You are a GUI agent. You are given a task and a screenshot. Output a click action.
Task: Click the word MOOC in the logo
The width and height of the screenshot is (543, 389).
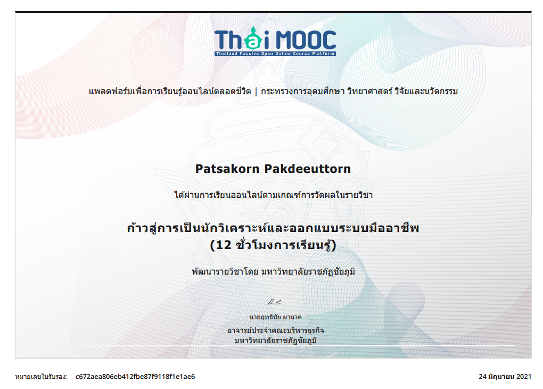(x=306, y=40)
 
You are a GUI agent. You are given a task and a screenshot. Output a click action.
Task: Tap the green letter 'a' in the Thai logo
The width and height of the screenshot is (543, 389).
(x=253, y=41)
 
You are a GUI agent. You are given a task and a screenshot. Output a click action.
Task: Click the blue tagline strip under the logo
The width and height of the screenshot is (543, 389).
(x=275, y=54)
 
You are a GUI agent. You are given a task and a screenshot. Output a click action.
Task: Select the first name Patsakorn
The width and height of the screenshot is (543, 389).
(x=227, y=169)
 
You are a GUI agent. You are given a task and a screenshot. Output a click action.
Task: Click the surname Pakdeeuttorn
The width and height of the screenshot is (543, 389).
(x=308, y=169)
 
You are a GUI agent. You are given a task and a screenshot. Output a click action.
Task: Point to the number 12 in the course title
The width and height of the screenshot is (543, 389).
(x=224, y=245)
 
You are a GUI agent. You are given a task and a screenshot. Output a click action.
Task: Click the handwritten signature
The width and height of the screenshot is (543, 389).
(x=275, y=302)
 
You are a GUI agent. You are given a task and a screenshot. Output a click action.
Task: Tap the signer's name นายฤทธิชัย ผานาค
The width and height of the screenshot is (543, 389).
(x=275, y=317)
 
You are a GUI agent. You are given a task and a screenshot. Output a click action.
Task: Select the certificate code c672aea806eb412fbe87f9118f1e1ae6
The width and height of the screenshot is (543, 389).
(x=135, y=377)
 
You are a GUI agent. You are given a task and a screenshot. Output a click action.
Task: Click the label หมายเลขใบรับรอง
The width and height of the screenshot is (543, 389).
(x=41, y=377)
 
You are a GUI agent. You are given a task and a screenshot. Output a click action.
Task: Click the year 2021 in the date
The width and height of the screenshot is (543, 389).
(x=524, y=377)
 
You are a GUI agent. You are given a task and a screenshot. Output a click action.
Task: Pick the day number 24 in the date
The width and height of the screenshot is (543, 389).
(x=483, y=377)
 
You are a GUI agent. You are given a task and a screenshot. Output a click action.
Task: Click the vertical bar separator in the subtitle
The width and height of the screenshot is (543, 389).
(x=256, y=92)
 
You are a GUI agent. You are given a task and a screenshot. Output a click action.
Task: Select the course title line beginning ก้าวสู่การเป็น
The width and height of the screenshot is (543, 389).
(x=273, y=228)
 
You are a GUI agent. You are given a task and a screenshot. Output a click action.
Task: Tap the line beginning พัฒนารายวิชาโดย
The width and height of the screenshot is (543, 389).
(x=273, y=271)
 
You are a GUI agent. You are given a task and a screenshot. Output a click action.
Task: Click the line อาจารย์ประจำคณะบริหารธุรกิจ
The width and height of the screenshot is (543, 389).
(x=275, y=330)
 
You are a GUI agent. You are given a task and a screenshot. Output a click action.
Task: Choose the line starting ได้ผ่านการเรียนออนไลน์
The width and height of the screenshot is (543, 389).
(x=273, y=195)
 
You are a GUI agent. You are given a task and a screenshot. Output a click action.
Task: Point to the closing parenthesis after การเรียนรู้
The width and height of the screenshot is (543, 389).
(x=334, y=245)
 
